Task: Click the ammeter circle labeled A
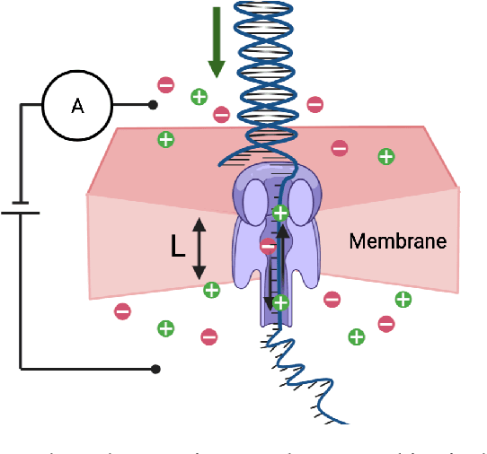pyautogui.click(x=77, y=105)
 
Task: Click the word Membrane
pyautogui.click(x=397, y=241)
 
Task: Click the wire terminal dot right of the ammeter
pyautogui.click(x=154, y=105)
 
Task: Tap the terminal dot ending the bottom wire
pyautogui.click(x=155, y=368)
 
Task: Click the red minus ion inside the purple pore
pyautogui.click(x=268, y=245)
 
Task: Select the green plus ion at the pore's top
pyautogui.click(x=280, y=213)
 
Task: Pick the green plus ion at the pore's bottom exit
pyautogui.click(x=280, y=302)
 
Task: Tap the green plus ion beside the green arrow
pyautogui.click(x=199, y=96)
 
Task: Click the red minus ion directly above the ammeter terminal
pyautogui.click(x=166, y=84)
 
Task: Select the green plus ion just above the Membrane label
pyautogui.click(x=385, y=156)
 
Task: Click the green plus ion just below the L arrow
pyautogui.click(x=211, y=289)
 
